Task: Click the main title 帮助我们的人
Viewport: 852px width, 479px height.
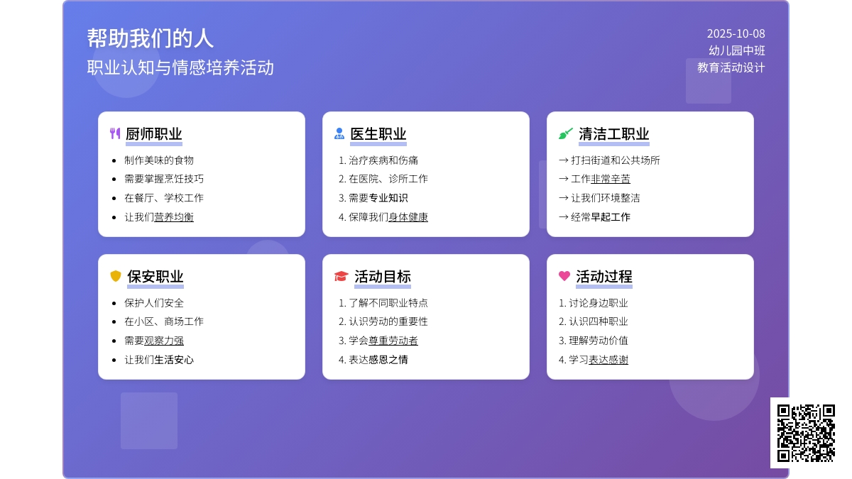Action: tap(151, 38)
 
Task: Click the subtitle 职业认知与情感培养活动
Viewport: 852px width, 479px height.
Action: tap(180, 67)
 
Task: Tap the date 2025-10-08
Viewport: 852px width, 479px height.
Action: tap(736, 33)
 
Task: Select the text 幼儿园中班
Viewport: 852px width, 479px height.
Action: tap(737, 50)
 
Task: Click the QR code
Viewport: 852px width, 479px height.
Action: tap(806, 433)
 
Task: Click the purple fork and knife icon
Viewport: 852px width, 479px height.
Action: tap(115, 133)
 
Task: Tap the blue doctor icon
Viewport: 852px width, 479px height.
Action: tap(339, 133)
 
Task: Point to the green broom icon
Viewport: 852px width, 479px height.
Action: tap(566, 133)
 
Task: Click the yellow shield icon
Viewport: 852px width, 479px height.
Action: tap(116, 276)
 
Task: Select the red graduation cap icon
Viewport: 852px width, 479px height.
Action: tap(342, 276)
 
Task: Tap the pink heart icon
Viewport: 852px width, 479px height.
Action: tap(564, 275)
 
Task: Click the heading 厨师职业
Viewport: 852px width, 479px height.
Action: tap(153, 134)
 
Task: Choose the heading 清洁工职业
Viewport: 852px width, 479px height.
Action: tap(614, 134)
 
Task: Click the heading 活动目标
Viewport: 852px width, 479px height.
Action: tap(383, 276)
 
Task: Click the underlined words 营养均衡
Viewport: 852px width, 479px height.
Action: tap(174, 217)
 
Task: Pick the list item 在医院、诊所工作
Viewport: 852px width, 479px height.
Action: tap(388, 179)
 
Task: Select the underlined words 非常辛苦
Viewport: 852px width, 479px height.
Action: tap(611, 179)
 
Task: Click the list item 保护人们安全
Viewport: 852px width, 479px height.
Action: tap(154, 303)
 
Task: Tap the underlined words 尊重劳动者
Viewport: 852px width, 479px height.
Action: tap(393, 341)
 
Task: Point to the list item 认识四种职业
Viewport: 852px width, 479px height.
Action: tap(599, 321)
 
